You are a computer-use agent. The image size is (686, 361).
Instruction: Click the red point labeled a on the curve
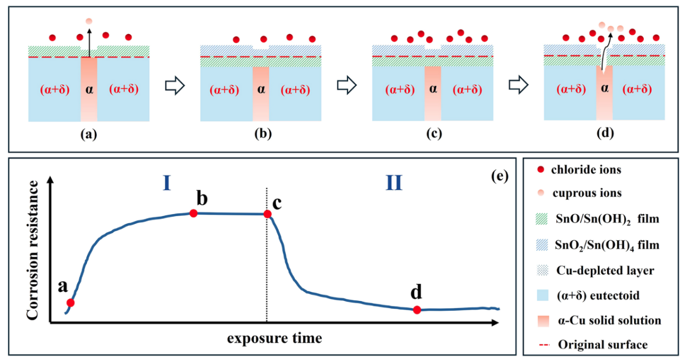(x=70, y=303)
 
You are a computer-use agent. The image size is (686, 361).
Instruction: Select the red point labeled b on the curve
(x=193, y=213)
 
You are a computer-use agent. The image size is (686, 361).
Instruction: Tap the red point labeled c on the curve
(x=268, y=214)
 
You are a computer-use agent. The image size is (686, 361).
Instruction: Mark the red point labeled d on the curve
(x=417, y=310)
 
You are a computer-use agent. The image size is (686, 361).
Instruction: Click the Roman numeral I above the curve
(x=166, y=183)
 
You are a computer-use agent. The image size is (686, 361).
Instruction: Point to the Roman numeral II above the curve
(x=394, y=183)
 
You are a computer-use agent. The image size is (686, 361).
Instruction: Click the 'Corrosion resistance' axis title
(x=32, y=250)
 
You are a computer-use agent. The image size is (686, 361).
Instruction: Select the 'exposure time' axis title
(x=275, y=338)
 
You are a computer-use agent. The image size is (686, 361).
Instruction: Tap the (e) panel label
(x=500, y=176)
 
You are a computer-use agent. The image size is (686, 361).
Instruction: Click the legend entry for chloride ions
(x=580, y=170)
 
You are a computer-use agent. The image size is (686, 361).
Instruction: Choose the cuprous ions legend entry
(x=580, y=193)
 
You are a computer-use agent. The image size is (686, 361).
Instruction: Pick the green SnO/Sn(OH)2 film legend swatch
(x=542, y=219)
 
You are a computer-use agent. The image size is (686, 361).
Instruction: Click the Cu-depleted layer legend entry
(x=596, y=270)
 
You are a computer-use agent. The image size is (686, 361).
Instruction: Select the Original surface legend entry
(x=593, y=345)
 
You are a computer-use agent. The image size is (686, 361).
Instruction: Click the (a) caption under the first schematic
(x=89, y=134)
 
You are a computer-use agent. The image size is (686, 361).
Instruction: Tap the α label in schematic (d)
(x=604, y=88)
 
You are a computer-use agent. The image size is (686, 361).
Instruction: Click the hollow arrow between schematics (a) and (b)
(x=175, y=85)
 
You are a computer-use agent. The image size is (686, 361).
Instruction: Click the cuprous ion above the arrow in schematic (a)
(x=89, y=21)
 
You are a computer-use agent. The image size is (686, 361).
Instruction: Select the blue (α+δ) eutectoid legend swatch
(x=543, y=296)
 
